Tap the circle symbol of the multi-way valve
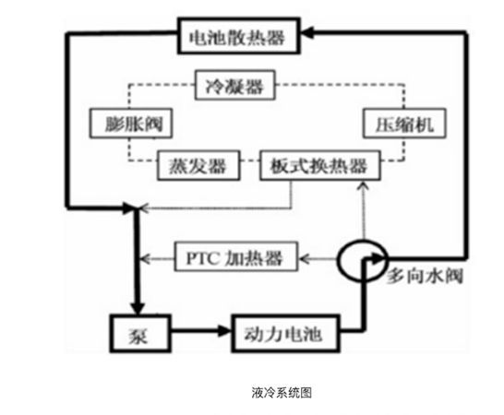[338, 261]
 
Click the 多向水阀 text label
[425, 277]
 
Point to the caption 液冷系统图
[282, 392]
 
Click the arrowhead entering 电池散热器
[306, 32]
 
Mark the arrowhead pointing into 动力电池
[224, 330]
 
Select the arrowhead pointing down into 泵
[138, 308]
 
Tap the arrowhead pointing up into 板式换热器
[364, 186]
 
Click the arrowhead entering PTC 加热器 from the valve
[304, 258]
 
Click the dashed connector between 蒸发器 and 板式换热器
[250, 160]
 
